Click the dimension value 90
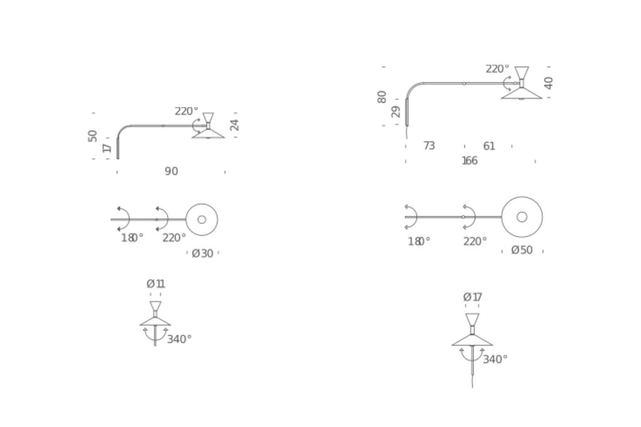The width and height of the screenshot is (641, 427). [x=172, y=171]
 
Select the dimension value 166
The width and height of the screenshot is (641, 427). [x=469, y=161]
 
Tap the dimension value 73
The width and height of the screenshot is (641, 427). [x=429, y=146]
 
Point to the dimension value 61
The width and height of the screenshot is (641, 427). [x=489, y=146]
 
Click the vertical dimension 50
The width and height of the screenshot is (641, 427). [x=93, y=136]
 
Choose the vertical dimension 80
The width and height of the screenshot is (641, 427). [x=381, y=97]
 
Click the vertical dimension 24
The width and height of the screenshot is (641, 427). [x=234, y=125]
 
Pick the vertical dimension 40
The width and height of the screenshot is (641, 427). [x=548, y=83]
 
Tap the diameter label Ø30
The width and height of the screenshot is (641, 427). [x=203, y=253]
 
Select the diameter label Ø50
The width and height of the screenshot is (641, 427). [x=522, y=250]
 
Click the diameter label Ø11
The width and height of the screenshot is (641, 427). [x=156, y=283]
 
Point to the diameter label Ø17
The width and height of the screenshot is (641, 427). [x=473, y=297]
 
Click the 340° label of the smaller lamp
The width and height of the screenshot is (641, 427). [x=179, y=339]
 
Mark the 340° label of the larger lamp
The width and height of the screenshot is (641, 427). [x=495, y=359]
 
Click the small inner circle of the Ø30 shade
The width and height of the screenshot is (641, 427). [x=202, y=219]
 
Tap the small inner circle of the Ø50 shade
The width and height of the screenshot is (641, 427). [x=522, y=217]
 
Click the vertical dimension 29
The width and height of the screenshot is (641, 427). [x=396, y=111]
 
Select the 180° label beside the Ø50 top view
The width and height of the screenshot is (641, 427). [x=419, y=241]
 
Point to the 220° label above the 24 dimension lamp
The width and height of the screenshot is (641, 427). [x=187, y=111]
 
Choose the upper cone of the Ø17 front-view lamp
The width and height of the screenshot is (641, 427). [x=472, y=319]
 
